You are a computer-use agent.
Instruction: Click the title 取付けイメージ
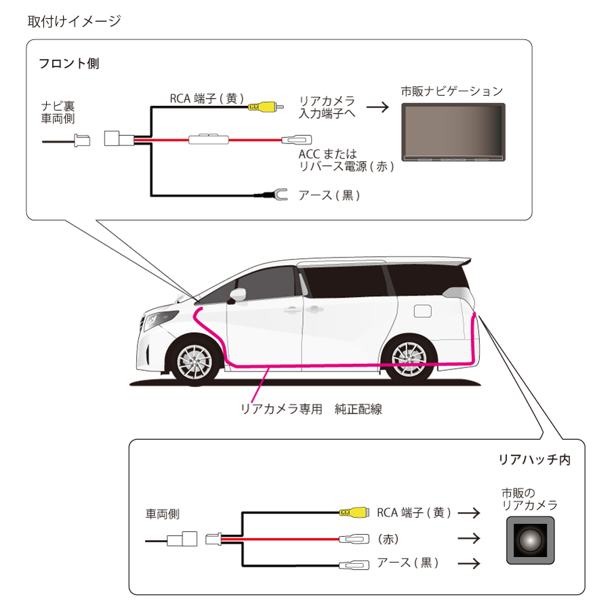(x=74, y=21)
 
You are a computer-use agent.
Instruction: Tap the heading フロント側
(x=69, y=64)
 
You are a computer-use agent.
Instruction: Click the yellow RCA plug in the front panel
(x=266, y=106)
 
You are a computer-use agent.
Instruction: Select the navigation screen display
(x=453, y=132)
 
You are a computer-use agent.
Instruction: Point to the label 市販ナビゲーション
(x=452, y=91)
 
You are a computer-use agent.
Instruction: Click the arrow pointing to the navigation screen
(x=378, y=107)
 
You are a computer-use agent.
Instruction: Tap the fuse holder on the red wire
(x=209, y=139)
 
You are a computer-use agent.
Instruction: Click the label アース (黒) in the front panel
(x=329, y=195)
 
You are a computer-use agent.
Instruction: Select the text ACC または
(x=327, y=154)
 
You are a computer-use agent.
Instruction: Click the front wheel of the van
(x=195, y=362)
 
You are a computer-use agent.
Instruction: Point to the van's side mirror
(x=237, y=295)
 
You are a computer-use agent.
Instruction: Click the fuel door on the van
(x=423, y=311)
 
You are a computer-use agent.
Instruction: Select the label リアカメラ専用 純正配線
(x=311, y=409)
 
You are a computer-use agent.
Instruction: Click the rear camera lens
(x=530, y=540)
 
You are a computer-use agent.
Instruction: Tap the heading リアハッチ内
(x=535, y=460)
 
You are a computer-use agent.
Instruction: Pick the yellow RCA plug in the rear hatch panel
(x=354, y=512)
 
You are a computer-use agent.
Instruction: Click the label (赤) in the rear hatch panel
(x=388, y=539)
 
